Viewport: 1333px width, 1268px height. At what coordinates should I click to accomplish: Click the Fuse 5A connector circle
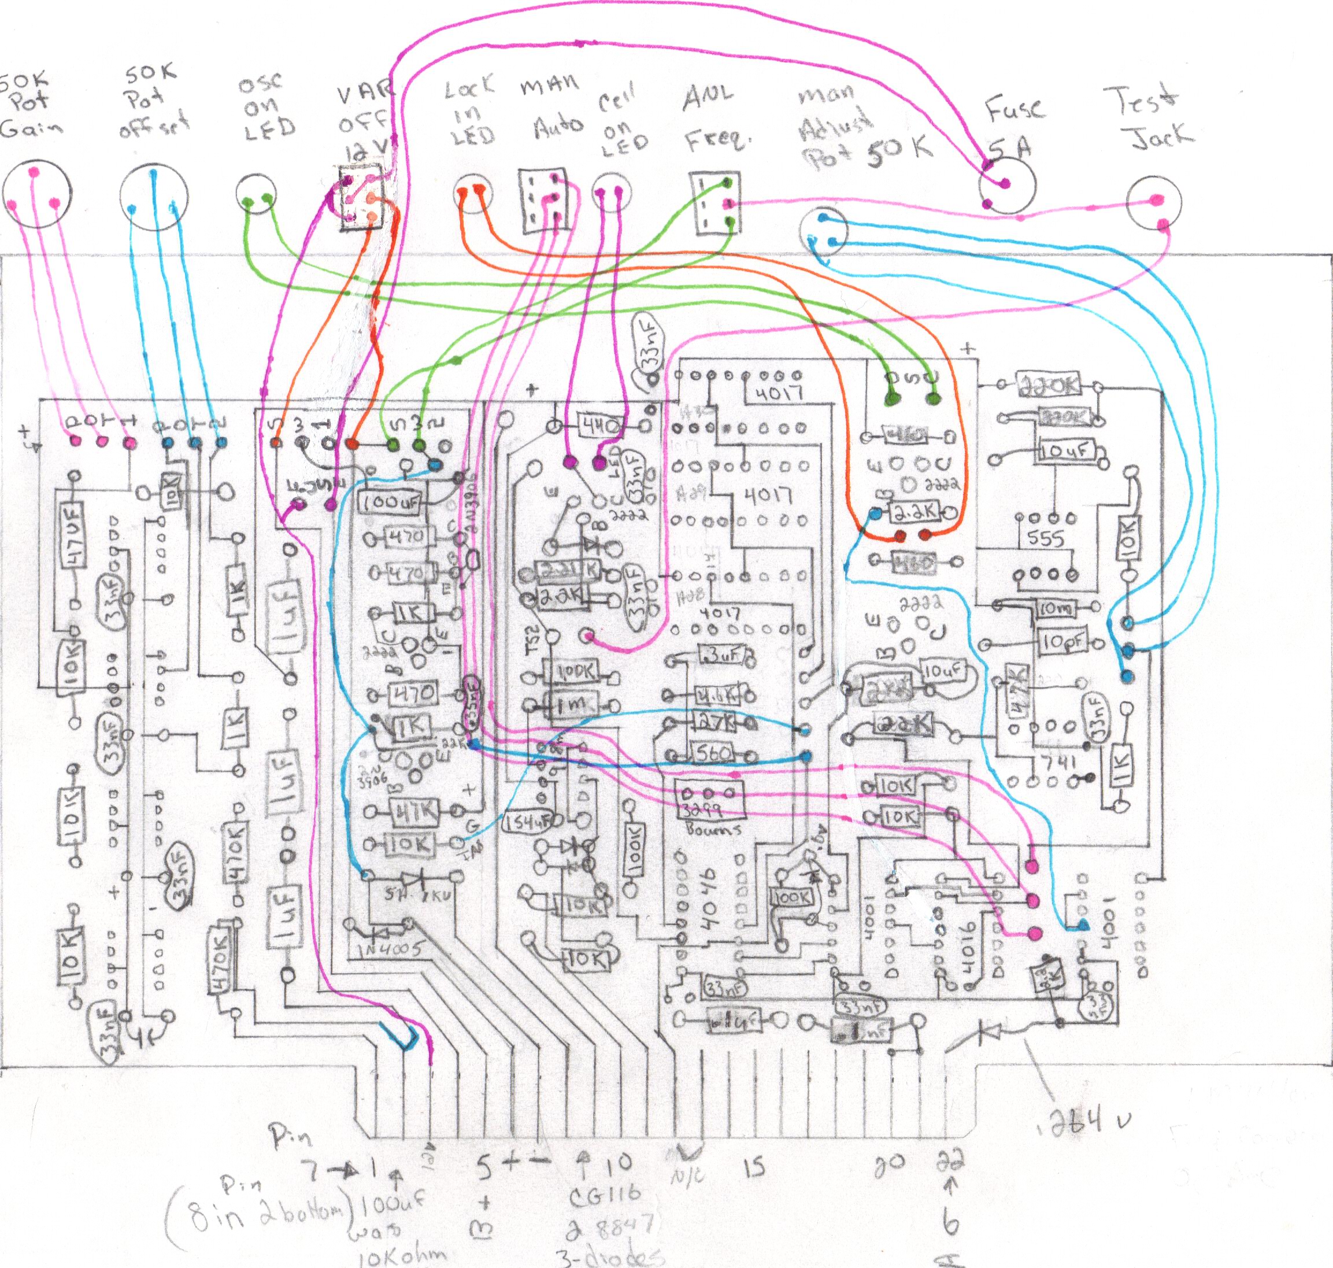pyautogui.click(x=1006, y=185)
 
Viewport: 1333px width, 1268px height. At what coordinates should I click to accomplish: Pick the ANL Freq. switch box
pyautogui.click(x=715, y=204)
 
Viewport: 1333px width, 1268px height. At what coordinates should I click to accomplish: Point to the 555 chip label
pyautogui.click(x=1046, y=539)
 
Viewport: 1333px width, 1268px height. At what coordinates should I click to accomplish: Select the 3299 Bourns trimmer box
pyautogui.click(x=709, y=800)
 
